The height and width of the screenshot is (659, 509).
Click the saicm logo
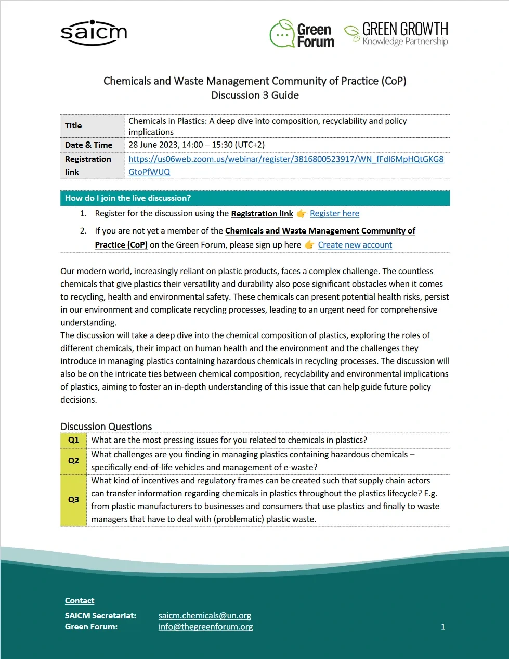coord(94,33)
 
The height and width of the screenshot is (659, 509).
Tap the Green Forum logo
coord(302,34)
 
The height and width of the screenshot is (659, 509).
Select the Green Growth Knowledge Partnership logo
coord(396,34)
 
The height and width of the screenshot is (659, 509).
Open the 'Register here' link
coord(334,213)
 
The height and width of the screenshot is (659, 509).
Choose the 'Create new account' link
coord(355,245)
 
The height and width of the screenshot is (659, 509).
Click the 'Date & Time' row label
coord(89,145)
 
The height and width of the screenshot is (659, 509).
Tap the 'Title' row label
coord(73,126)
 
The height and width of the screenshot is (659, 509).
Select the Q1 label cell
coord(74,440)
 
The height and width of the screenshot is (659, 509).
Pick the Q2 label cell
coord(74,461)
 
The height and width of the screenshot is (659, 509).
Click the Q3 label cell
coord(74,500)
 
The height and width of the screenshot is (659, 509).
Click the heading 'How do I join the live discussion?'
coord(128,198)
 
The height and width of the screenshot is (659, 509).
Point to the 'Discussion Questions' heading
coord(106,427)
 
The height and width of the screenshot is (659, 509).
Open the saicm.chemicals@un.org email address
coord(205,615)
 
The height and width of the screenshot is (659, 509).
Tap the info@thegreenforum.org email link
coord(205,627)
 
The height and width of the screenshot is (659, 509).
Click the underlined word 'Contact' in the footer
coord(80,601)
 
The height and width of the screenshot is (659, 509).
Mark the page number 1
coord(443,627)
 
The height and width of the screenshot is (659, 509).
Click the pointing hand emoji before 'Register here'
coord(302,213)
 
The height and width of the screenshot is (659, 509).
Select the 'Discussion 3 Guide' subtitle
coord(255,95)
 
